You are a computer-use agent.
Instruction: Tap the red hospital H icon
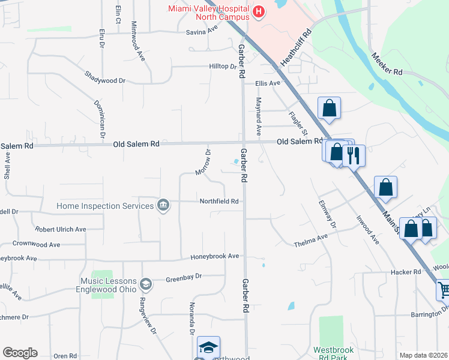coord(258,11)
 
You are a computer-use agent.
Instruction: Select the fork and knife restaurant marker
coord(354,155)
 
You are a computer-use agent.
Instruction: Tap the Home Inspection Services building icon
coord(163,206)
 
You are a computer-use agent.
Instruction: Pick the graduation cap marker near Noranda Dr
coord(208,347)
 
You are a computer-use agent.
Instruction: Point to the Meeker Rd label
coord(386,62)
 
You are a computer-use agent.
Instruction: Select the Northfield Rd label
coord(220,202)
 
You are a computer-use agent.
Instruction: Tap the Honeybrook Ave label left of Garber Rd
coord(215,256)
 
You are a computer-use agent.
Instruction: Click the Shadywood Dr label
coord(105,80)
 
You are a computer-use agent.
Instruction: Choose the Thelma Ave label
coord(310,240)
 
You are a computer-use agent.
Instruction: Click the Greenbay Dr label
coord(184,277)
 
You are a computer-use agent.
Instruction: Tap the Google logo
coord(20,353)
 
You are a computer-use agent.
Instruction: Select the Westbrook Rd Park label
coord(334,354)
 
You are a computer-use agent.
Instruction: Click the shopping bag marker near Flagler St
coord(329,108)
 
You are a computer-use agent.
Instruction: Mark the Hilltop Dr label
coord(223,67)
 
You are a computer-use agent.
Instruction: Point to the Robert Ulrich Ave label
coord(61,229)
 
